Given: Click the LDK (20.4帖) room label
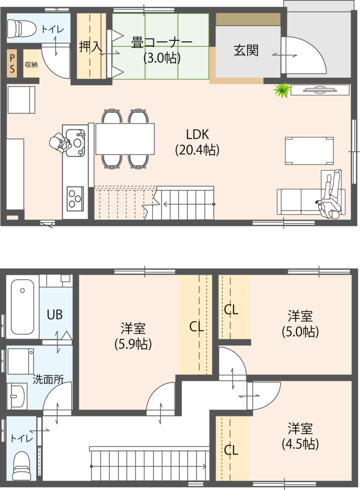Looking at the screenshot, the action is (197, 142).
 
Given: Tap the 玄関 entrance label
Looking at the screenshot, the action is (246, 50).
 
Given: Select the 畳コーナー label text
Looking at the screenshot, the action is (162, 43).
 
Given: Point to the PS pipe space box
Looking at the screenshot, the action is (12, 64).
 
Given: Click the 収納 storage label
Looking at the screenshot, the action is (31, 65).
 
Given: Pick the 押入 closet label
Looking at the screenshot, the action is (90, 46).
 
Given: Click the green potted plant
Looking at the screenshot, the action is (282, 90).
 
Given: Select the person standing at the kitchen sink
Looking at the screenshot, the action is (60, 143).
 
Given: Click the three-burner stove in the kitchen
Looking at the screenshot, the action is (75, 199).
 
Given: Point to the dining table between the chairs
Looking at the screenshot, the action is (125, 139).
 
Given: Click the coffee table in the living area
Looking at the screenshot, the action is (309, 151).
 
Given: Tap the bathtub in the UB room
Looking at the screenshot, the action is (22, 307).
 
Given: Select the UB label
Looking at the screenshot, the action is (55, 315).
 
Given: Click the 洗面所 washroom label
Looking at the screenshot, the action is (48, 379).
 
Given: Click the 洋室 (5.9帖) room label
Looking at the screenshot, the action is (133, 336).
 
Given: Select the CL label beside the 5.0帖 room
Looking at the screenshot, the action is (231, 310).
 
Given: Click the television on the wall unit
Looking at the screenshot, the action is (320, 89).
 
